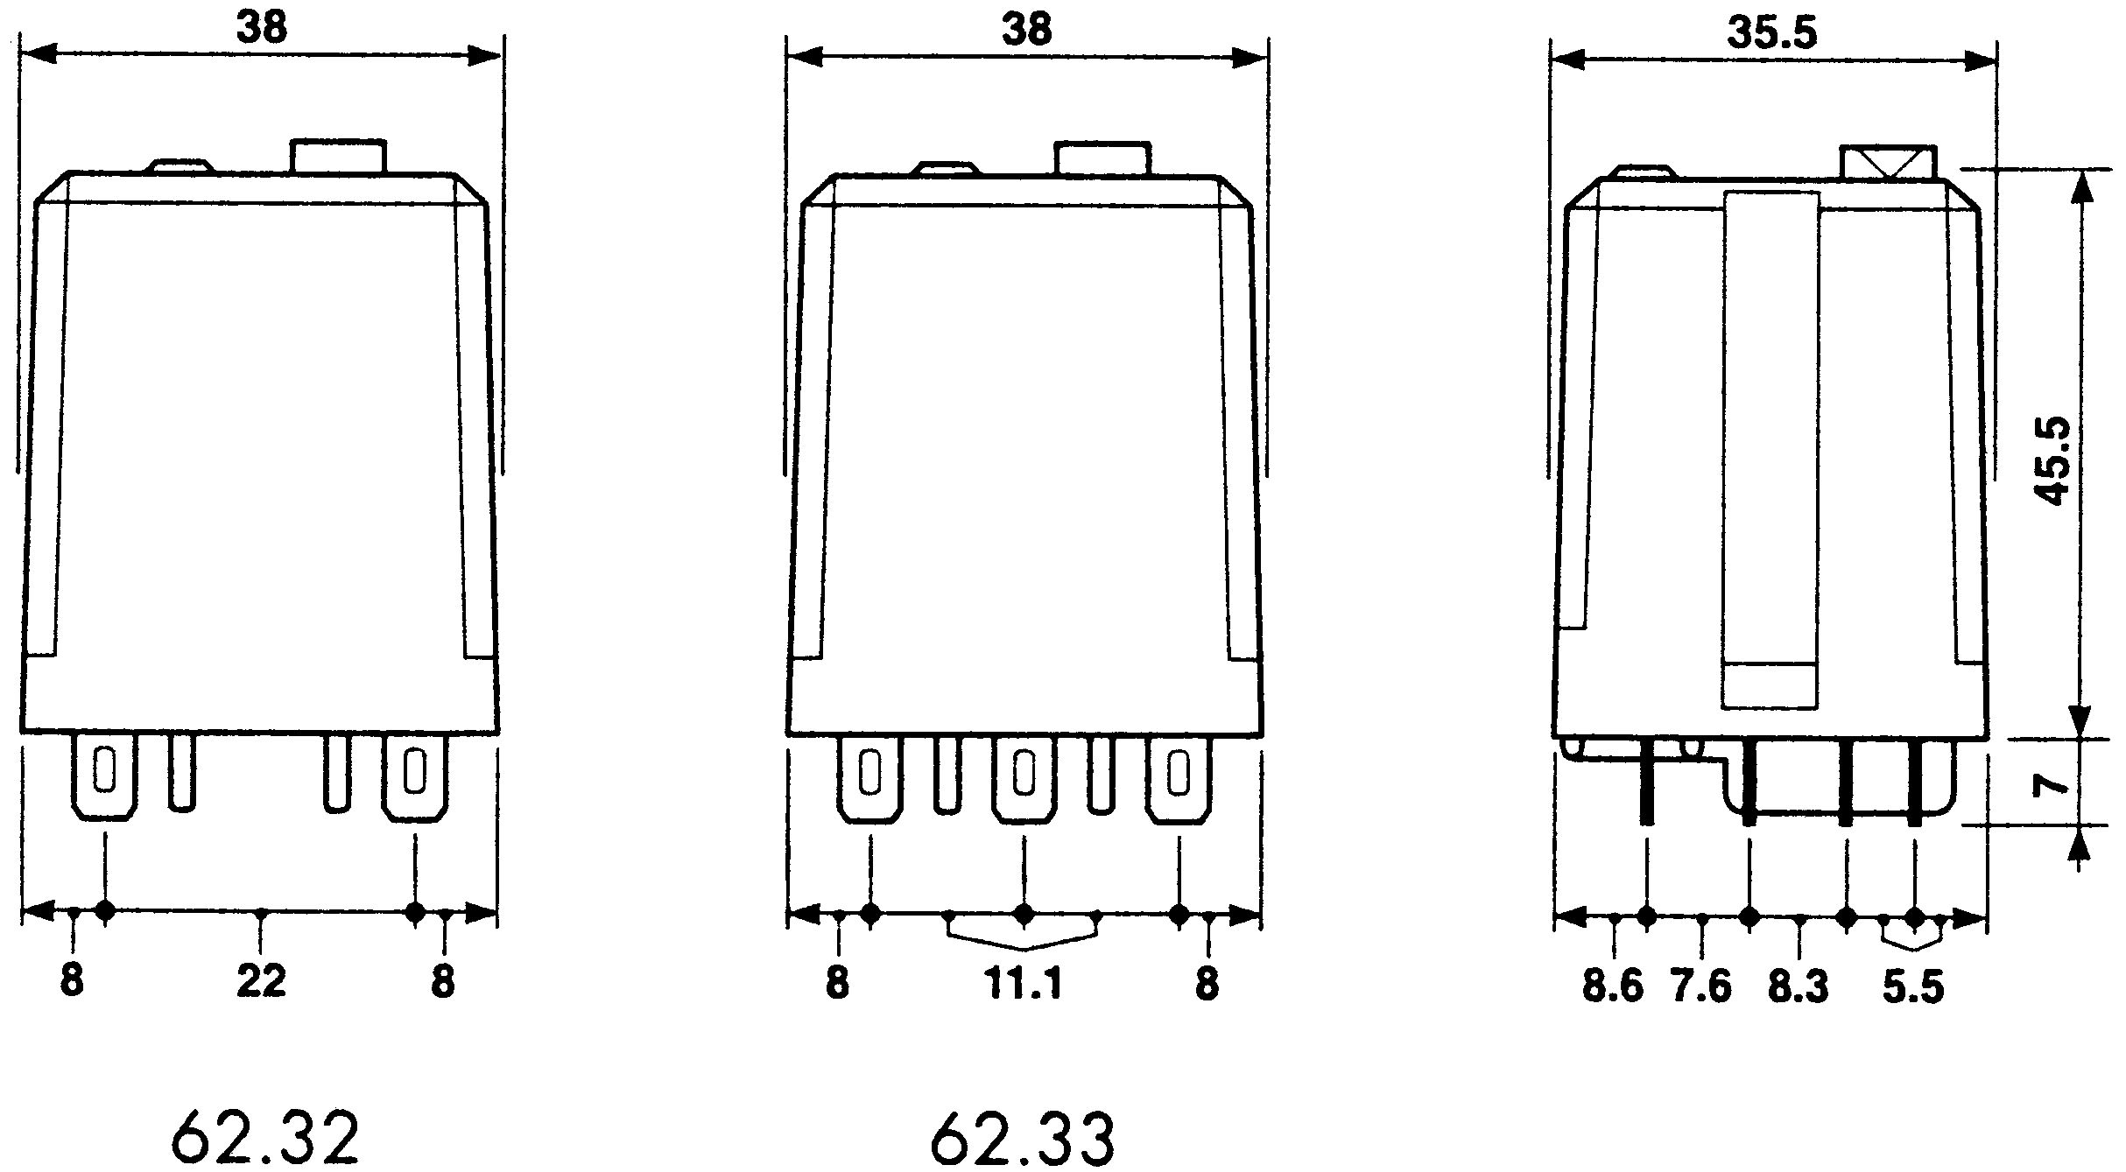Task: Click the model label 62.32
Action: click(265, 1136)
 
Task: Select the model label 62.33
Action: click(1023, 1137)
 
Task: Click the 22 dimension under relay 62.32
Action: click(262, 981)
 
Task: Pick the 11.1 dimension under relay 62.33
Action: click(1024, 984)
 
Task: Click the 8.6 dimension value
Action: click(1613, 986)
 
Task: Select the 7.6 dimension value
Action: click(1701, 986)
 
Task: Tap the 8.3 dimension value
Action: click(1799, 987)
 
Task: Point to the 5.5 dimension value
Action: click(1913, 987)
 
